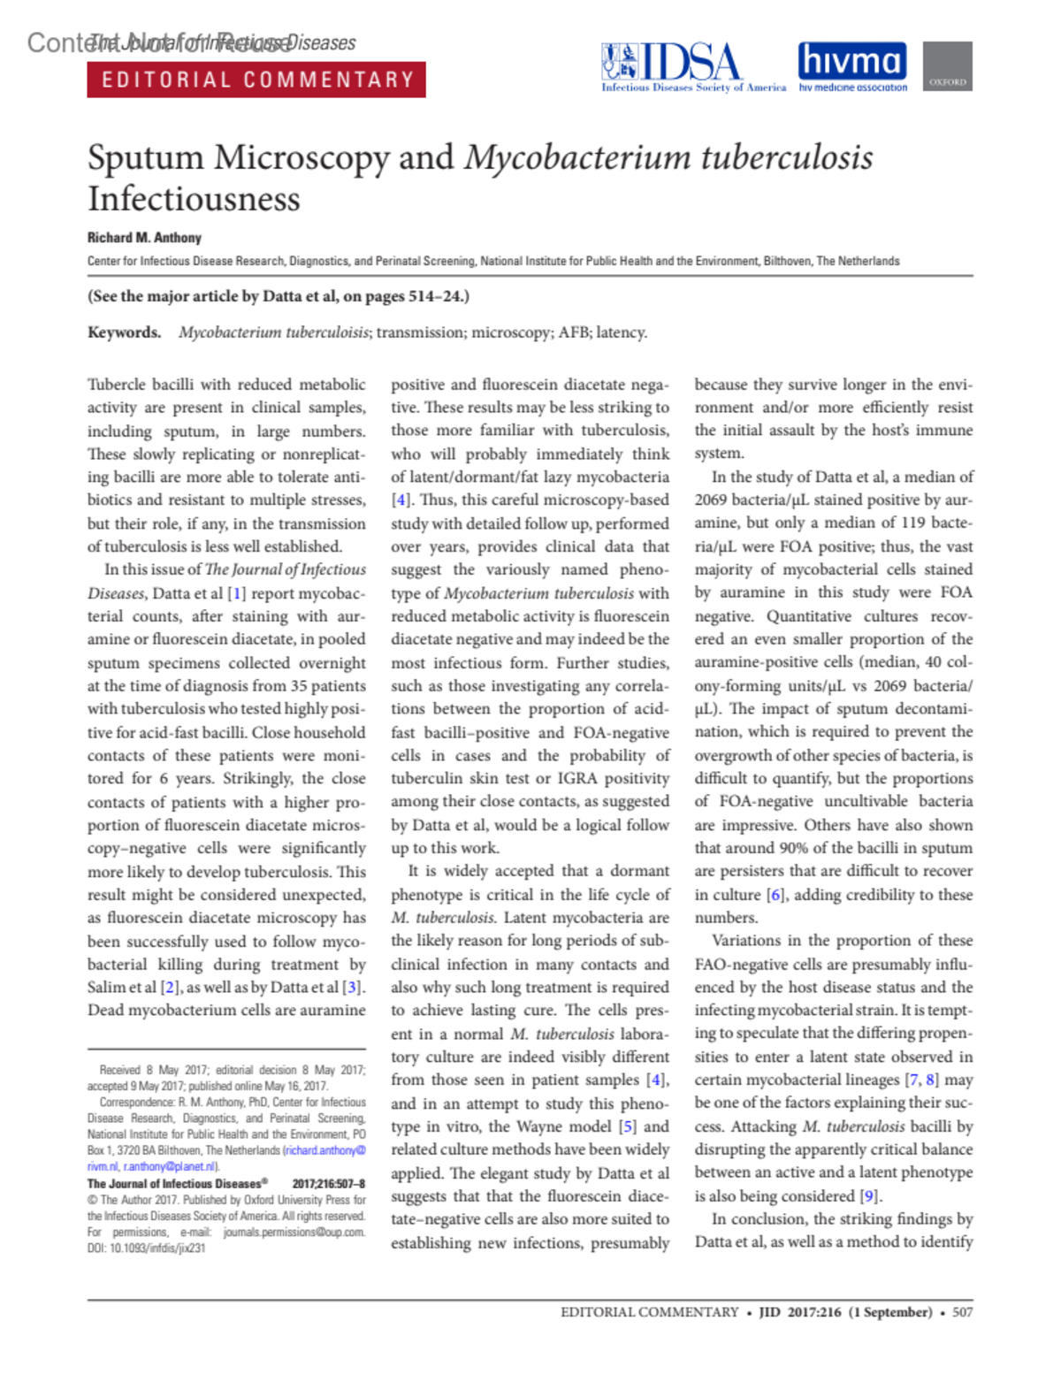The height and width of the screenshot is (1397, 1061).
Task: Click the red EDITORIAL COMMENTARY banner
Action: click(256, 80)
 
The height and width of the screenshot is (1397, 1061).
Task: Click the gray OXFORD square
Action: click(948, 66)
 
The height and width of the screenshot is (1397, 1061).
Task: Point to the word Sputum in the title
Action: click(146, 158)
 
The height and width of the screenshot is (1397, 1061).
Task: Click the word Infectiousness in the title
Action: click(194, 199)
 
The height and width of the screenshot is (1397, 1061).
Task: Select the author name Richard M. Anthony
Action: click(144, 238)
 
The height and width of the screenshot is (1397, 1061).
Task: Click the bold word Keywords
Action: click(124, 332)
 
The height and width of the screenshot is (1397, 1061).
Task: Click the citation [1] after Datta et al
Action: click(236, 593)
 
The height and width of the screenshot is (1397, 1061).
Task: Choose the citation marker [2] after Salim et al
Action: click(170, 988)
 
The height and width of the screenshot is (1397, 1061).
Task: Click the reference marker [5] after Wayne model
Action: click(627, 1126)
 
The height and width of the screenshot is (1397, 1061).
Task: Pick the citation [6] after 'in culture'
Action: click(776, 895)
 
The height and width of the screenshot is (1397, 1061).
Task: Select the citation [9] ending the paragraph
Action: click(870, 1196)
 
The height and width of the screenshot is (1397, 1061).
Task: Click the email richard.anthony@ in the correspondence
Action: click(324, 1150)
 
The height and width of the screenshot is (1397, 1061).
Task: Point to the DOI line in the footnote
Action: click(146, 1248)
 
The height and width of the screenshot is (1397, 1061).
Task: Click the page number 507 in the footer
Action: click(962, 1312)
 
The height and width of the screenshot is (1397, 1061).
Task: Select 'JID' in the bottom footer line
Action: click(769, 1312)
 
